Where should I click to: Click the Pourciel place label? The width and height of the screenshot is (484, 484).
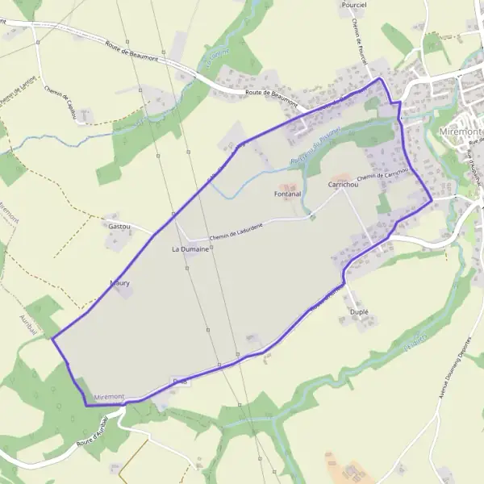tap(353, 5)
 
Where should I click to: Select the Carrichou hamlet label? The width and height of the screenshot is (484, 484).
tap(343, 185)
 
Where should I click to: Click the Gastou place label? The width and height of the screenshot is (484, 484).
tap(119, 227)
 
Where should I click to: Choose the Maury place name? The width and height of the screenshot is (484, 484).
tap(119, 284)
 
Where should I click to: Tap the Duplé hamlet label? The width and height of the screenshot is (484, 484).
tap(359, 311)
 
